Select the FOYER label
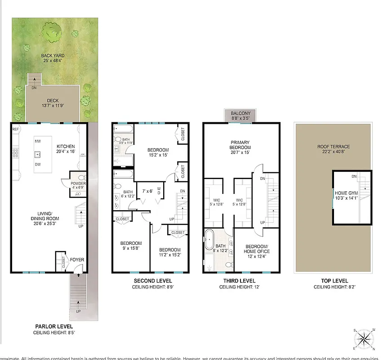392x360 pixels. click(x=77, y=260)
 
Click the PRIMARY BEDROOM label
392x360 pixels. click(x=240, y=145)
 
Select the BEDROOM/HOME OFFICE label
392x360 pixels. click(x=257, y=249)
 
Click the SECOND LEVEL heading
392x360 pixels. click(x=150, y=281)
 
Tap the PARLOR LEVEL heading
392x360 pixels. click(x=53, y=326)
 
